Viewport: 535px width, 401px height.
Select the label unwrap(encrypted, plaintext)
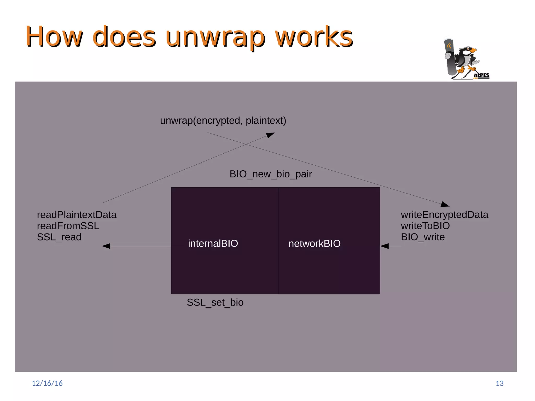tap(223, 121)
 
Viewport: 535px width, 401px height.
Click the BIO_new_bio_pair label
tap(271, 174)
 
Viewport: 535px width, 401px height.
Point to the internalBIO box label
tap(213, 243)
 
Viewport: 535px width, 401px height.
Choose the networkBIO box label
tap(314, 243)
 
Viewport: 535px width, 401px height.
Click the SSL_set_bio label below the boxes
tap(215, 302)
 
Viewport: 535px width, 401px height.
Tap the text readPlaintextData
tap(77, 215)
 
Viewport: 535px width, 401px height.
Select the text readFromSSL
tap(68, 226)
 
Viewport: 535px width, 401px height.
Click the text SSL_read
tap(59, 237)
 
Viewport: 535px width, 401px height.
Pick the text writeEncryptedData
tap(444, 215)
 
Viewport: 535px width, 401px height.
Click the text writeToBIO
tap(425, 226)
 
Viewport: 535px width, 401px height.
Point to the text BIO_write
tap(423, 237)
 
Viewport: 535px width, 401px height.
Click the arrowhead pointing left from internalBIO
tap(106, 246)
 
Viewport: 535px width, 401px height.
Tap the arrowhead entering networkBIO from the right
tap(385, 246)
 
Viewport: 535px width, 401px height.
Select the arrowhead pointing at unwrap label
tap(270, 135)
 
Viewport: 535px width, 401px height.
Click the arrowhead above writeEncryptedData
tap(445, 204)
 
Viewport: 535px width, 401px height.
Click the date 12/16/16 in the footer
tap(47, 383)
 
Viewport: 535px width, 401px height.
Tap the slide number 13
tap(499, 383)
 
